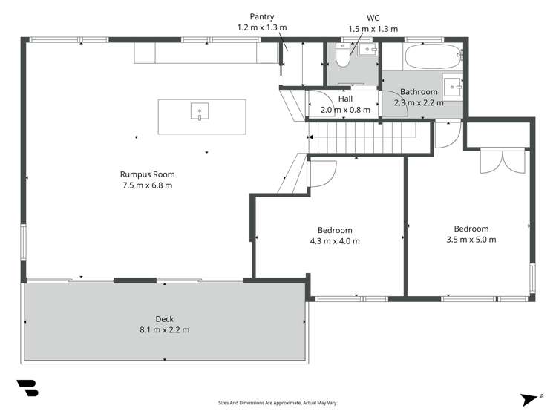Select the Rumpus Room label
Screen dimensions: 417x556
click(x=146, y=175)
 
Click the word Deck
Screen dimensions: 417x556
click(x=165, y=320)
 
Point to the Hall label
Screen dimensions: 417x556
click(x=345, y=99)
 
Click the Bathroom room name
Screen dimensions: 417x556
click(x=418, y=93)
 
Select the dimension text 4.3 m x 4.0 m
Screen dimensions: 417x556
click(x=335, y=240)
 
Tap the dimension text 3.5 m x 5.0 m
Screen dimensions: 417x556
click(x=471, y=239)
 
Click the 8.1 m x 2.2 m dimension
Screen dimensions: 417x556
click(x=165, y=330)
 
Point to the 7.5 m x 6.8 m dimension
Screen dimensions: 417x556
click(x=146, y=185)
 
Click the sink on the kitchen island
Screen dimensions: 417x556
click(x=200, y=113)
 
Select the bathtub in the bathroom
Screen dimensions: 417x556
click(x=434, y=55)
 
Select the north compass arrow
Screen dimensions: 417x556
click(x=529, y=398)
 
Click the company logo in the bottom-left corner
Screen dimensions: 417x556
click(x=27, y=389)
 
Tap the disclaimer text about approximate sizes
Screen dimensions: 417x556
click(x=278, y=403)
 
